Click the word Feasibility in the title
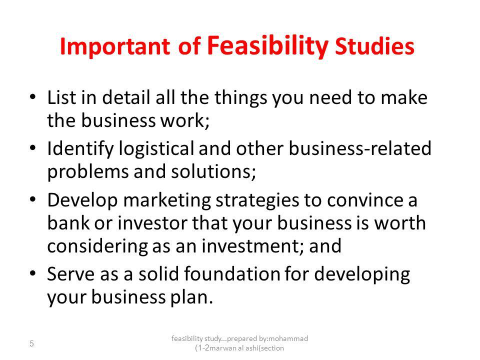coord(268,46)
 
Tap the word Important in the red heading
coord(115,46)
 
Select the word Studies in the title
coord(374,46)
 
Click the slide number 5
coord(31,344)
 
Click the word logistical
coord(156,149)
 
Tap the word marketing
coord(167,201)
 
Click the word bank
coord(68,223)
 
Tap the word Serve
coord(70,274)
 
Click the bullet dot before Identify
coord(33,148)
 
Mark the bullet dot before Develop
coord(33,199)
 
